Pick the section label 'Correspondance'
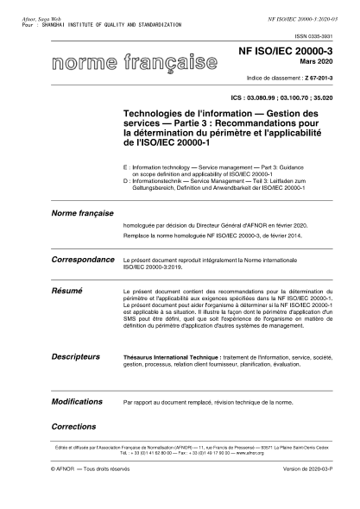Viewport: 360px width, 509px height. (x=83, y=259)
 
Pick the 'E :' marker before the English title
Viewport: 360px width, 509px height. (x=127, y=166)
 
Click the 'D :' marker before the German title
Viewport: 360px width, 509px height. (x=127, y=179)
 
